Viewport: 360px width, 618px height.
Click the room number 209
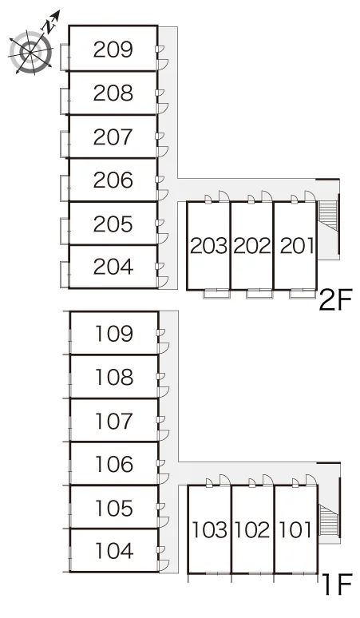click(x=113, y=50)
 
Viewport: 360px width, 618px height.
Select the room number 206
click(x=113, y=180)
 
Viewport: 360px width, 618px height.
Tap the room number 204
click(x=113, y=267)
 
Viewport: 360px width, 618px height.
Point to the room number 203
click(x=209, y=247)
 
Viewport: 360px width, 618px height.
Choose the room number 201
click(x=297, y=247)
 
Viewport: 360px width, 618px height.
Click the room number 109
click(x=114, y=334)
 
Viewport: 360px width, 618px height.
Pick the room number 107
click(x=114, y=421)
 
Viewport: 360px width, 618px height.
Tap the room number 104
click(x=114, y=551)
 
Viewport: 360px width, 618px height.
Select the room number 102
click(x=252, y=530)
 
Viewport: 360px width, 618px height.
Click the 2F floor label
click(x=335, y=300)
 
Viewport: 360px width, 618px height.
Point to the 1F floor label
click(x=337, y=584)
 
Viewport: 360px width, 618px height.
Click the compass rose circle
click(x=30, y=52)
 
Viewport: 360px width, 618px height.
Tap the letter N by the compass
click(x=49, y=27)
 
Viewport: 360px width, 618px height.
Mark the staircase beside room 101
click(x=329, y=520)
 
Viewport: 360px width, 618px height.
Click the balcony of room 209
click(x=65, y=57)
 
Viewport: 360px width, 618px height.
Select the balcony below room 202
click(x=259, y=294)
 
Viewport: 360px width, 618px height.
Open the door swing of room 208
click(x=163, y=109)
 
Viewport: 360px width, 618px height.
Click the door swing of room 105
click(x=164, y=522)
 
